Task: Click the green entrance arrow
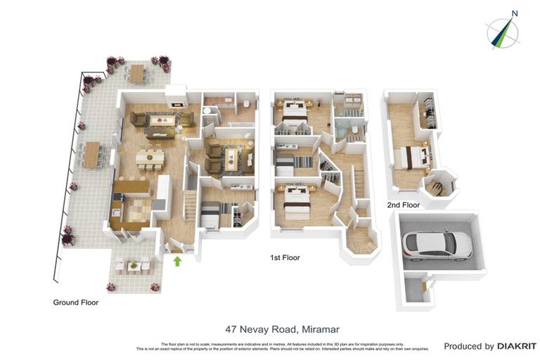click(177, 262)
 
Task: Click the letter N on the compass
click(515, 13)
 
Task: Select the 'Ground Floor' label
click(76, 302)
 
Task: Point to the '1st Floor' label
click(284, 258)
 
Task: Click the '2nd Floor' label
click(403, 205)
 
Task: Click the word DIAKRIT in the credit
click(517, 346)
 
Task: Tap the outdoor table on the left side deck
click(91, 155)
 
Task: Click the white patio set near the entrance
click(133, 266)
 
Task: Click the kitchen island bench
click(131, 187)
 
